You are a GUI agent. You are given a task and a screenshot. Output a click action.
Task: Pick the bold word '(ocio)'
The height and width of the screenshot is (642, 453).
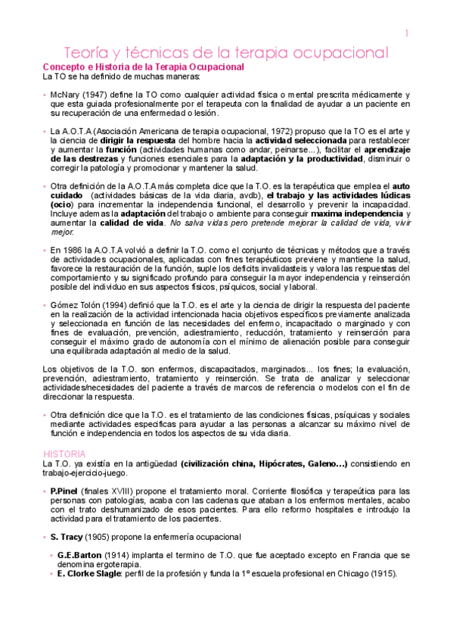(x=62, y=204)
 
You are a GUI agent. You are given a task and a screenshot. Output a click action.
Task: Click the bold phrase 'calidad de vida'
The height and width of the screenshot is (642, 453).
(x=134, y=223)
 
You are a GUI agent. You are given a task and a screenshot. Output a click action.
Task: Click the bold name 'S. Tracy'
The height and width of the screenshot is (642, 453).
(x=67, y=536)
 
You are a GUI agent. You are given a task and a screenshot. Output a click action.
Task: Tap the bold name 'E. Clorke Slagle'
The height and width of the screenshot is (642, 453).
(x=89, y=573)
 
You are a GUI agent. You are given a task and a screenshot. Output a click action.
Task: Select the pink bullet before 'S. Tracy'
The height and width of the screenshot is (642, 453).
(x=45, y=536)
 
